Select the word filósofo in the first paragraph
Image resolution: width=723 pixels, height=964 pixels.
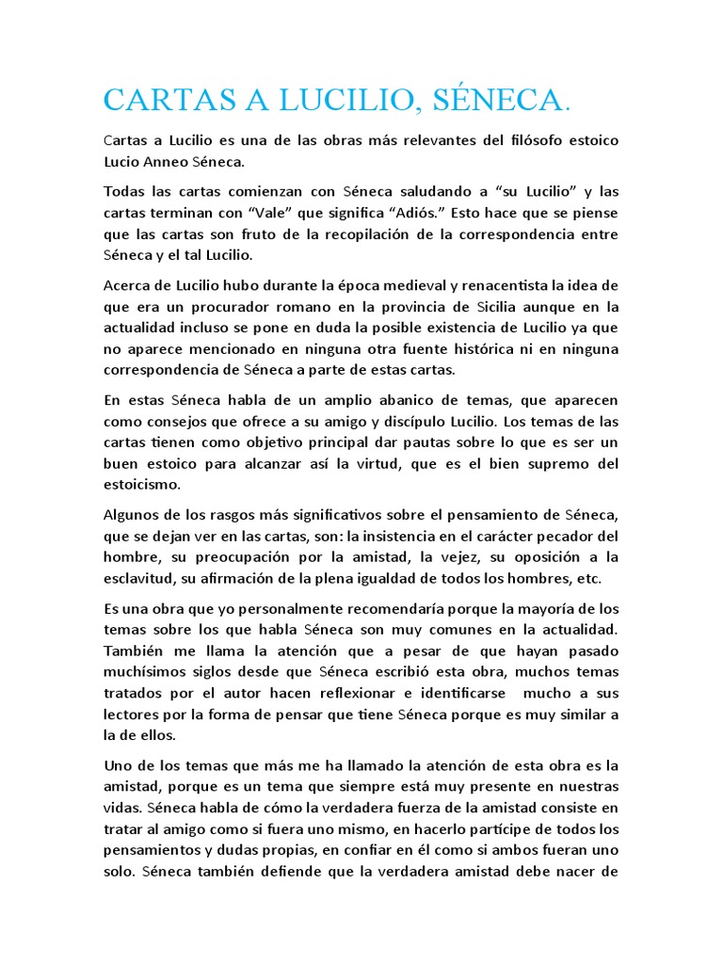tap(500, 141)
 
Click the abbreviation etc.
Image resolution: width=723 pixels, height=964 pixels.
tap(583, 577)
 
